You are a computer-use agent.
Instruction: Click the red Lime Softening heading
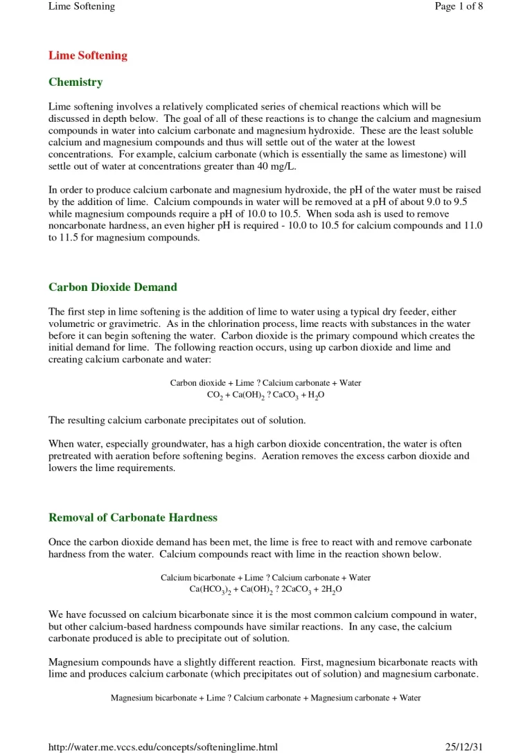tap(88, 55)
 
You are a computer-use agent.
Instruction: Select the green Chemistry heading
tap(76, 82)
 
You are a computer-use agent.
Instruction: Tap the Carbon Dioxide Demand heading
tap(113, 287)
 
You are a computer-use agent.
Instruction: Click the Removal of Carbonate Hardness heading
tap(133, 517)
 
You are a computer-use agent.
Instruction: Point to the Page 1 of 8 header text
tap(458, 6)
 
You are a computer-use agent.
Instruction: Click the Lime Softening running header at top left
tap(82, 6)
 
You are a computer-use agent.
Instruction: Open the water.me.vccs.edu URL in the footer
tap(163, 746)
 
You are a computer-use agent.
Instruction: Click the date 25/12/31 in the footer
tap(463, 746)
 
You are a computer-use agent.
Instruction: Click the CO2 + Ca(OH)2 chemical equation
tap(266, 395)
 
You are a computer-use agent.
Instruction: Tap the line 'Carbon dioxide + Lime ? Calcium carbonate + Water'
tap(266, 382)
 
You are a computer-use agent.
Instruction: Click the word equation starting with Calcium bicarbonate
tap(266, 577)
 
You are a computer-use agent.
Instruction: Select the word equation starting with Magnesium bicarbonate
tap(266, 698)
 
